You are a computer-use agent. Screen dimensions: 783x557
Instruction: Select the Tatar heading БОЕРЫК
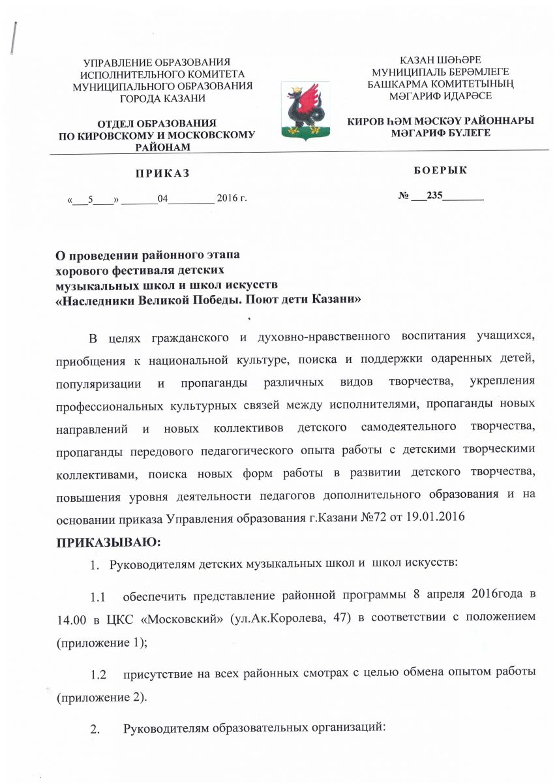(440, 171)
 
